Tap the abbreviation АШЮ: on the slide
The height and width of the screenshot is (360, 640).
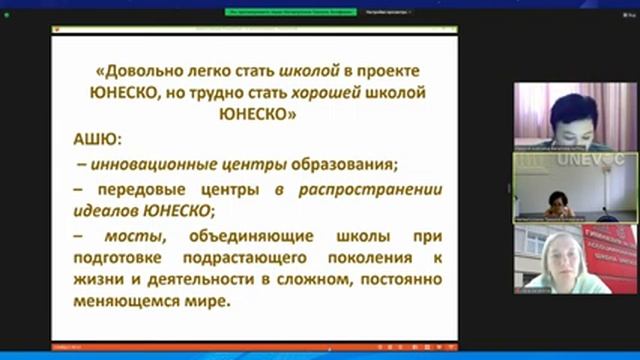[97, 139]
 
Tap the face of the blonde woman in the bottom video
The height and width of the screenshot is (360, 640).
[561, 255]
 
